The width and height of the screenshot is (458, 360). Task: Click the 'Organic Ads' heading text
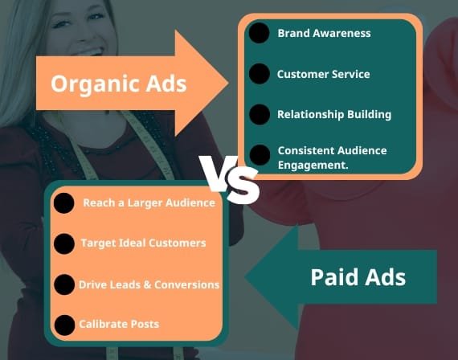pos(119,84)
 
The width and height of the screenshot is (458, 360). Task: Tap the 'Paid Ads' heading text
pos(358,277)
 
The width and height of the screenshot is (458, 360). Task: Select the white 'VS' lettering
pos(230,180)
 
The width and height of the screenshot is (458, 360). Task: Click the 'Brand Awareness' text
pos(324,33)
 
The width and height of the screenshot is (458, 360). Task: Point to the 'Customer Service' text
pos(323,74)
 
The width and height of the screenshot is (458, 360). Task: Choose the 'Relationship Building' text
pos(334,115)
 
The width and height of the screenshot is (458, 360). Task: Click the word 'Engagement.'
pos(313,165)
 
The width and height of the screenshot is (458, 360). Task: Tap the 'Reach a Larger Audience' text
pos(149,202)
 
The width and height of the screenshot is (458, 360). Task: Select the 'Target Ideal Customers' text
pos(143,243)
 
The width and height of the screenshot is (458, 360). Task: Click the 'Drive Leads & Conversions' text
pos(149,284)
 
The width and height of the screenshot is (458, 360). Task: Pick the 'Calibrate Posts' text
pos(119,324)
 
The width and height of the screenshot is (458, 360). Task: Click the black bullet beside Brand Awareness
pos(259,33)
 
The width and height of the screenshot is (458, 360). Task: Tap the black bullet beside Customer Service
pos(260,74)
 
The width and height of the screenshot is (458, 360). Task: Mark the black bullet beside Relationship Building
pos(260,114)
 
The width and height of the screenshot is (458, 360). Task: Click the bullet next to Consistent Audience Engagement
pos(260,155)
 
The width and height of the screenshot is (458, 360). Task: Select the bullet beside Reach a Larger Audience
pos(64,203)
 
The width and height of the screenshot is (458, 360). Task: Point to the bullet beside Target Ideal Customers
pos(64,243)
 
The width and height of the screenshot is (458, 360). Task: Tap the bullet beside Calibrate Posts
pos(64,325)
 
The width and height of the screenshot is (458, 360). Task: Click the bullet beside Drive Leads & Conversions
pos(64,284)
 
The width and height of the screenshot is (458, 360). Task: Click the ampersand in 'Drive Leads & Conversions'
pos(147,284)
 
